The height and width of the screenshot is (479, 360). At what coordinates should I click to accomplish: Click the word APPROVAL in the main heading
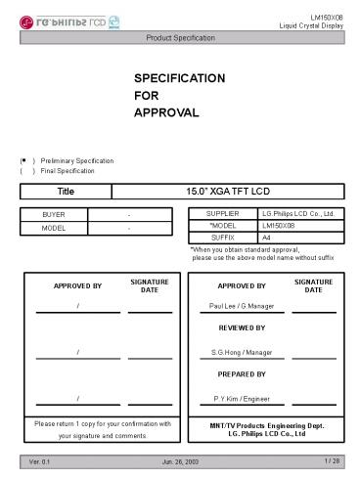tap(166, 113)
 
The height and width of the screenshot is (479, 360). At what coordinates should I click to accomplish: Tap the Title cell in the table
tap(66, 192)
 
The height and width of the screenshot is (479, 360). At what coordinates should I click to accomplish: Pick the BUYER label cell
tap(54, 214)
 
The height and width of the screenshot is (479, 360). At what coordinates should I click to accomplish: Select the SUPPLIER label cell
tap(222, 212)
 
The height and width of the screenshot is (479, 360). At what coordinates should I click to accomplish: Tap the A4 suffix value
tap(267, 238)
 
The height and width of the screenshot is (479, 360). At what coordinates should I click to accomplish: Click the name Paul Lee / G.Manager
tap(241, 306)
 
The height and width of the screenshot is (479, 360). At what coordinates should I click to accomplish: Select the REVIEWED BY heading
tap(241, 327)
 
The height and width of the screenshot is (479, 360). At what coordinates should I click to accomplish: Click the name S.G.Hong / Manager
tap(241, 351)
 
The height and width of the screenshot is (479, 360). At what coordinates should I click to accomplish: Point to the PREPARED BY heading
tap(241, 374)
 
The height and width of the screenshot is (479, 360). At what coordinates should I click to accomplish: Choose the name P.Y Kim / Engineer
tap(241, 398)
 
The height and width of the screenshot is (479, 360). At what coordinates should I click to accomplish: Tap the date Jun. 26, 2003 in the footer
tap(180, 460)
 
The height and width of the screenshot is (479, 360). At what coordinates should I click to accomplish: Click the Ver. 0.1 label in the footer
tap(41, 460)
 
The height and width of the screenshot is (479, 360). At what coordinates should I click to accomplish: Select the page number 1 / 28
tap(333, 460)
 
